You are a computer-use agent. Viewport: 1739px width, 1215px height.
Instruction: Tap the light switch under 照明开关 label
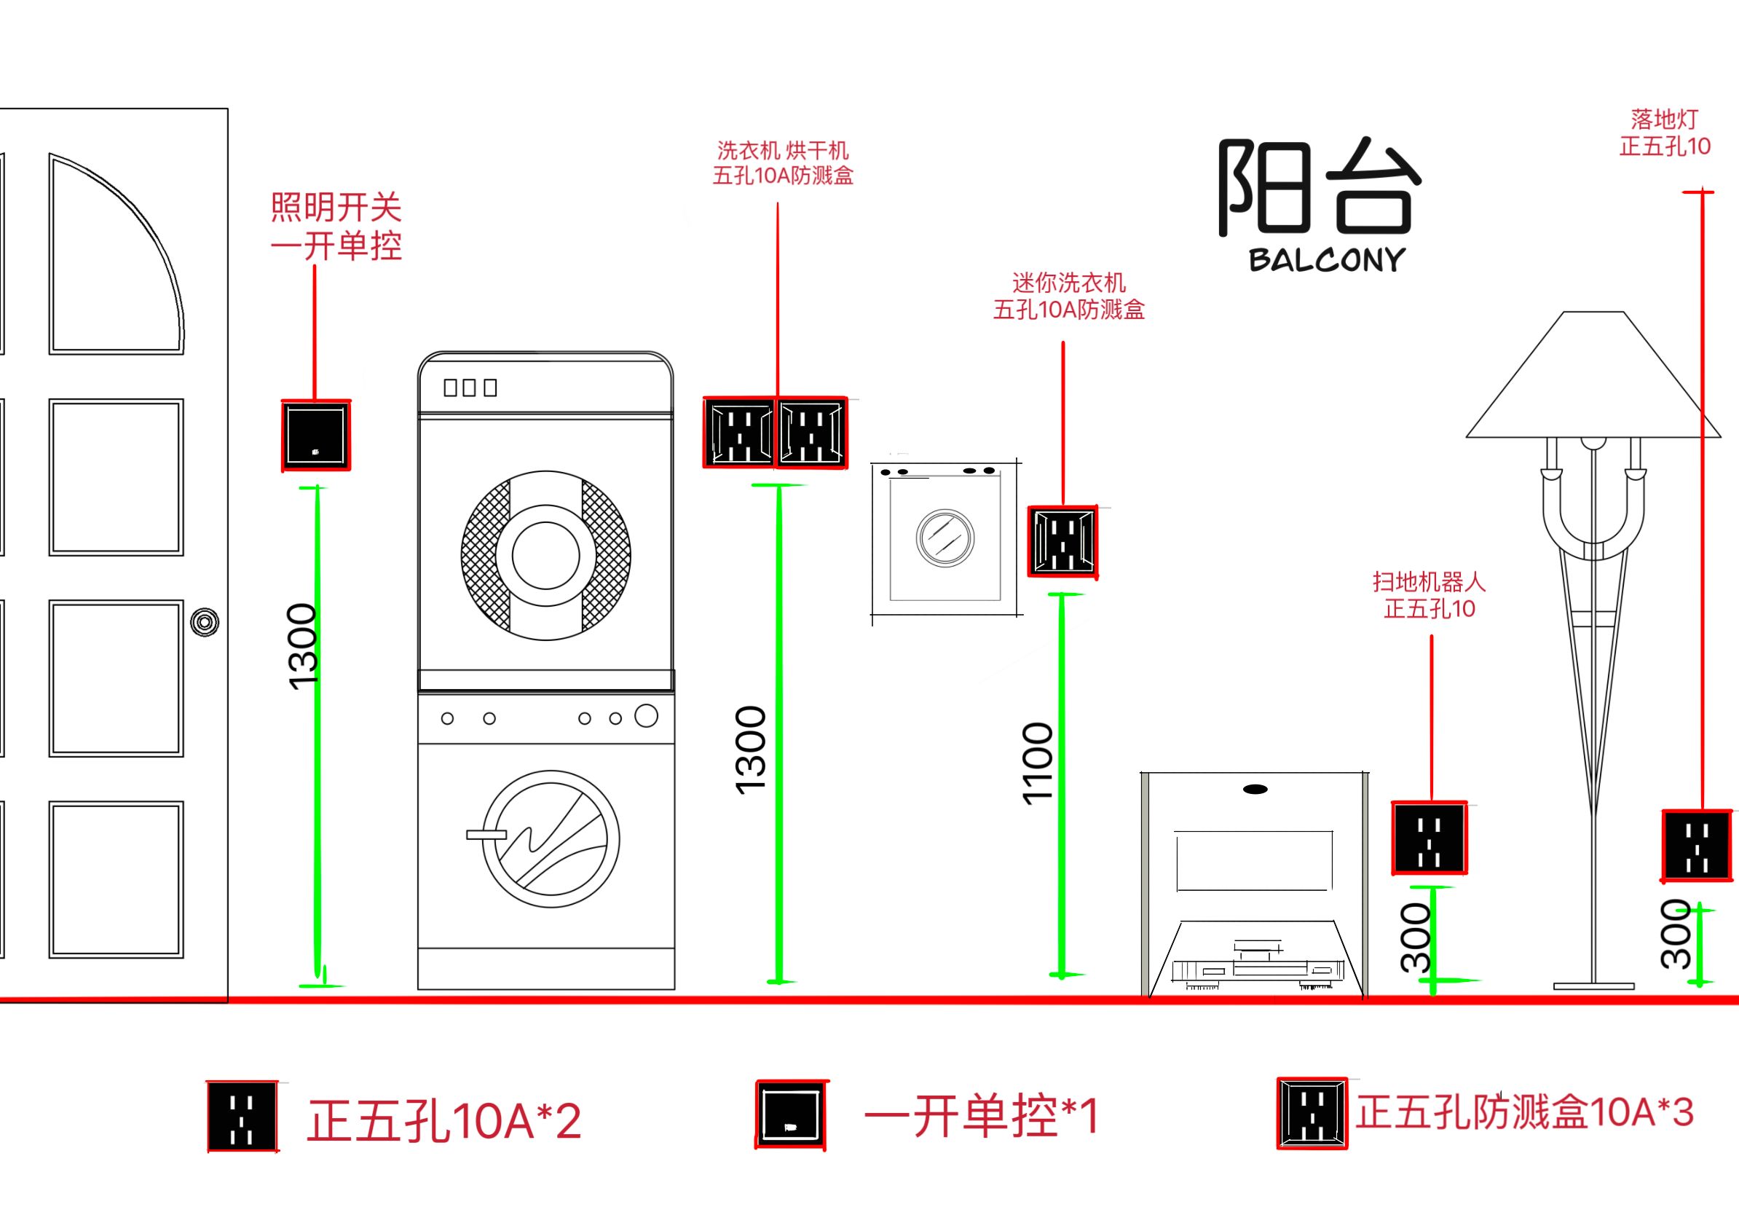[x=316, y=436]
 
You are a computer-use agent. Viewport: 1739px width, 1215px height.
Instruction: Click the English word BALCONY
[x=1327, y=260]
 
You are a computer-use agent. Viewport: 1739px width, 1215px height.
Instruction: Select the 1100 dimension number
[x=1038, y=763]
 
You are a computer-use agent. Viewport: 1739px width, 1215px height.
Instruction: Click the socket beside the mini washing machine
[x=1062, y=542]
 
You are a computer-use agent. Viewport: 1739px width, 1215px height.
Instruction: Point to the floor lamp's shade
[x=1589, y=379]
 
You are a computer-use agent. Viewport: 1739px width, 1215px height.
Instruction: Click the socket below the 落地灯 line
[x=1697, y=846]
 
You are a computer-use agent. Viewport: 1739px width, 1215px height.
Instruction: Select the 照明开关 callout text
[x=336, y=227]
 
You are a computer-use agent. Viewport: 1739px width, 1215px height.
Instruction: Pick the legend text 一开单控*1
[x=981, y=1116]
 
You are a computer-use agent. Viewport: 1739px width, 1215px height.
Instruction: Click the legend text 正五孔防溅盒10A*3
[x=1524, y=1112]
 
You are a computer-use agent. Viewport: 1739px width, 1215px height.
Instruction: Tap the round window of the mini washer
[x=945, y=537]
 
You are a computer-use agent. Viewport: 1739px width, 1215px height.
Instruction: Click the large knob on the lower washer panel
[x=646, y=716]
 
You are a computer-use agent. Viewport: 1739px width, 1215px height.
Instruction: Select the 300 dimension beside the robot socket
[x=1415, y=937]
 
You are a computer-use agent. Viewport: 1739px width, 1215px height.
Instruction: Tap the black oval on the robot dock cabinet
[x=1255, y=790]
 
